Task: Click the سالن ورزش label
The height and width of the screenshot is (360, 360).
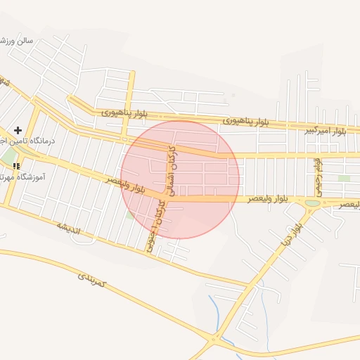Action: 17,40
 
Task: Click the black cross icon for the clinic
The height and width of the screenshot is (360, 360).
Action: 18,130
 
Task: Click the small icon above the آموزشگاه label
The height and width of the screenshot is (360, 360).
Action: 15,166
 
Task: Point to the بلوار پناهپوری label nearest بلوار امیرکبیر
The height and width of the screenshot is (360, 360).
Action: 246,121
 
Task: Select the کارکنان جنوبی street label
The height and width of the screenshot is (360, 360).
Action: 157,225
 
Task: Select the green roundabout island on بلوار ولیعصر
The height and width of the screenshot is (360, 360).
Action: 312,203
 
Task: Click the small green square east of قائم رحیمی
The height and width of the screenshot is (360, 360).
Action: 344,179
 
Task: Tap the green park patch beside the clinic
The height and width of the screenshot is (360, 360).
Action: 7,155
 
